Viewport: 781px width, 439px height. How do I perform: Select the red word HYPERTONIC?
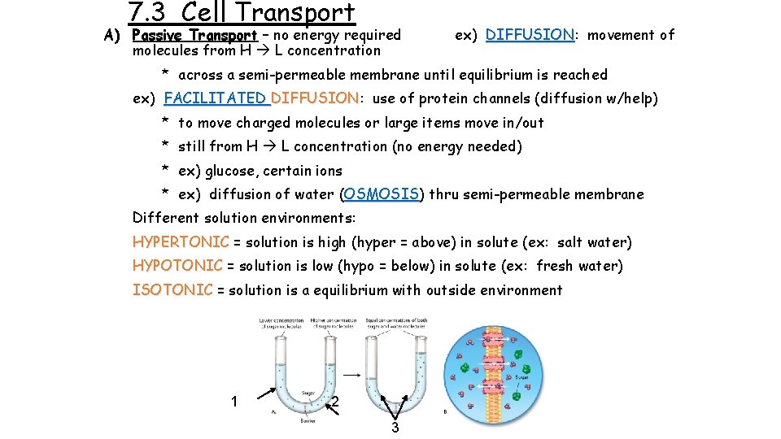tap(181, 242)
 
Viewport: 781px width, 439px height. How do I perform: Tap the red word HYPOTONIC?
tap(177, 266)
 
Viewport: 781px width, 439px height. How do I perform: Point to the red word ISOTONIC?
tap(172, 290)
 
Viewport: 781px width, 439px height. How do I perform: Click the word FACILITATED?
tap(216, 98)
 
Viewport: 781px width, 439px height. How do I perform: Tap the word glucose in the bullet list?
tap(231, 171)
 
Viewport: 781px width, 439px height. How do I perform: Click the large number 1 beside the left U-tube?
tap(234, 401)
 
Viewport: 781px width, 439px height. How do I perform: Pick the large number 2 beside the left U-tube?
tap(335, 402)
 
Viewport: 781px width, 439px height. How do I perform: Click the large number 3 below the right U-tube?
tap(395, 428)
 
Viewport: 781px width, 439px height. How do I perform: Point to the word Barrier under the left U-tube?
tap(307, 420)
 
